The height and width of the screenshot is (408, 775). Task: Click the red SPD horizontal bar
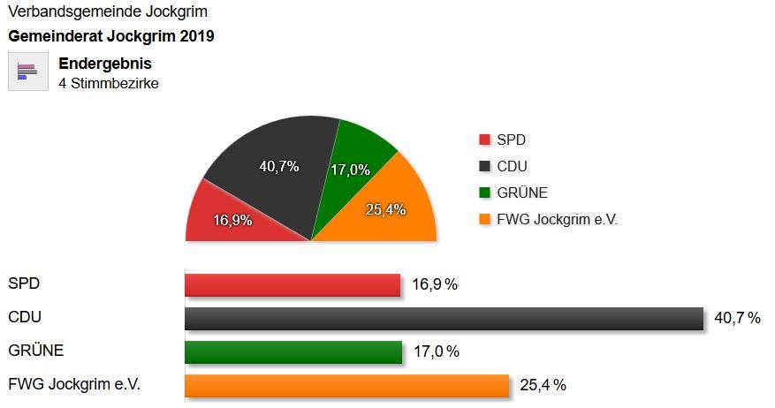point(292,285)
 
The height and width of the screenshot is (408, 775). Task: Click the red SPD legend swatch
point(484,140)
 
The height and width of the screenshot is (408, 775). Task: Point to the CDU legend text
point(513,166)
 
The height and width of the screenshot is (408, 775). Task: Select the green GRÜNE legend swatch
point(484,193)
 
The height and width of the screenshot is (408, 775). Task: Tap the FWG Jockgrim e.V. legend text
point(557,220)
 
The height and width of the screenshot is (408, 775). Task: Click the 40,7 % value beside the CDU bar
point(737,318)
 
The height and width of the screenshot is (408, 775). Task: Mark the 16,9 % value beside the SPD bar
point(435,284)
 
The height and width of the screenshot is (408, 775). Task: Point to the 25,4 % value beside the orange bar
point(543,385)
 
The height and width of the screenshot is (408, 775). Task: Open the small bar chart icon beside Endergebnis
point(27,72)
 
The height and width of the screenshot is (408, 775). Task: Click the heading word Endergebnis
point(105,64)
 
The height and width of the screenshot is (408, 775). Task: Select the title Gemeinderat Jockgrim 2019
point(110,37)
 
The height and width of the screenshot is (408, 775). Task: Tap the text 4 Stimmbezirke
point(109,84)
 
